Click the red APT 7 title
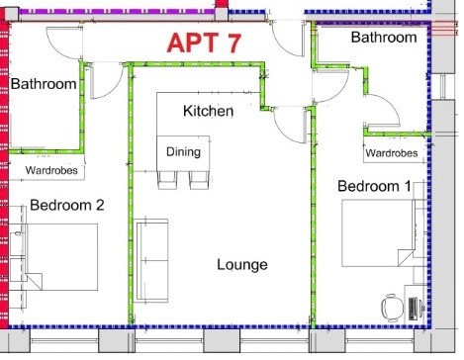click(204, 43)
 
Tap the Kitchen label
click(209, 111)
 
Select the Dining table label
click(183, 151)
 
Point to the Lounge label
click(242, 265)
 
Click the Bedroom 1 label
click(374, 186)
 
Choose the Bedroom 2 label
click(67, 205)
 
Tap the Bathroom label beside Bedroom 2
click(44, 84)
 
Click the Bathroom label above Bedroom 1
click(384, 37)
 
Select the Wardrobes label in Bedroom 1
click(392, 153)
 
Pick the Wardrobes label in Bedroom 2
click(51, 170)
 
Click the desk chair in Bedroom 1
click(393, 308)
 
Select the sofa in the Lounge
click(151, 260)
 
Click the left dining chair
click(167, 180)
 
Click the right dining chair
click(199, 180)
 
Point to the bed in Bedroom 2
click(53, 257)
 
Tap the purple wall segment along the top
click(116, 11)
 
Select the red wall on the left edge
click(4, 171)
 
